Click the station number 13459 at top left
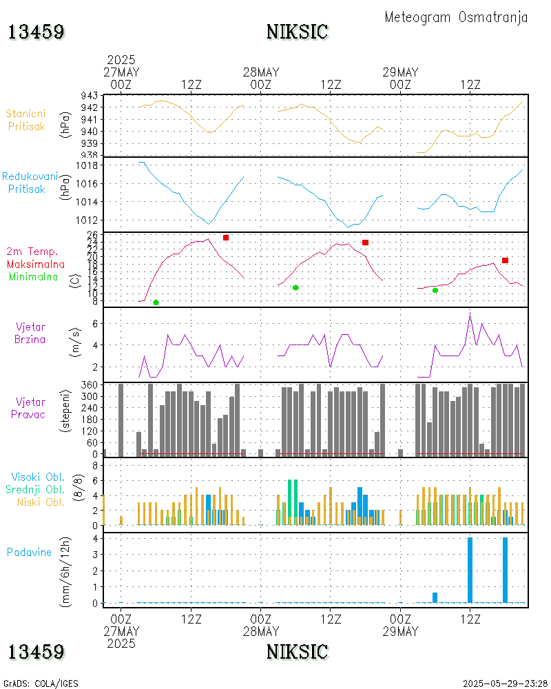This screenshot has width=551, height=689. pyautogui.click(x=37, y=32)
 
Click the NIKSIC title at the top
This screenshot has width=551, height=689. pyautogui.click(x=297, y=32)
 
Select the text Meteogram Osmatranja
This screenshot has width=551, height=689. pyautogui.click(x=456, y=17)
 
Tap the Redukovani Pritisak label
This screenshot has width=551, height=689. pyautogui.click(x=30, y=182)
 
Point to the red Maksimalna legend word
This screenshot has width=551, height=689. pyautogui.click(x=36, y=264)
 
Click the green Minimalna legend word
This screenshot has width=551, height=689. pyautogui.click(x=34, y=276)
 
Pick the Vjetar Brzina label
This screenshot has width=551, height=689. pyautogui.click(x=31, y=333)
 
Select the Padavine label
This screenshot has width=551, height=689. pyautogui.click(x=29, y=552)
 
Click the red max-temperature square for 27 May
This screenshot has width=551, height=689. pyautogui.click(x=226, y=238)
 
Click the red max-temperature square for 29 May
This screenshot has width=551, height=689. pyautogui.click(x=505, y=260)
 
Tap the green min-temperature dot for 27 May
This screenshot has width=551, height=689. pyautogui.click(x=156, y=302)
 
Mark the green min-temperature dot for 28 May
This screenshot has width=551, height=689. pyautogui.click(x=295, y=287)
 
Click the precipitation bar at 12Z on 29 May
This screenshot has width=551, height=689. pyautogui.click(x=470, y=570)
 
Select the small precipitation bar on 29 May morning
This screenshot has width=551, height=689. pyautogui.click(x=435, y=597)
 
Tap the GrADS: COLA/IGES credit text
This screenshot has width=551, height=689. pyautogui.click(x=41, y=684)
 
